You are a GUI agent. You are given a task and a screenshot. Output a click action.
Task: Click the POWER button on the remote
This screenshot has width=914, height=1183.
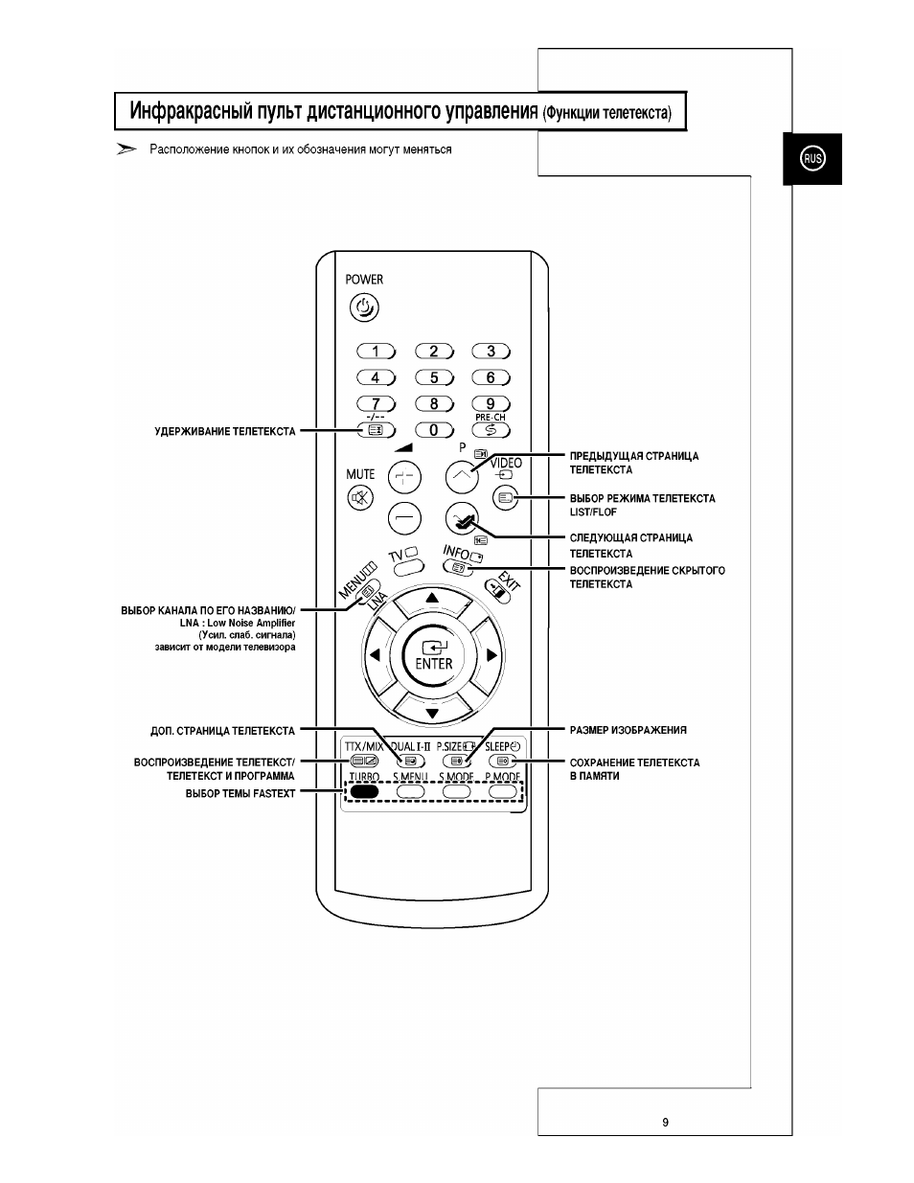364,308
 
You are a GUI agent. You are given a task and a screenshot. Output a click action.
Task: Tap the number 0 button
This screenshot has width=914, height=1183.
434,430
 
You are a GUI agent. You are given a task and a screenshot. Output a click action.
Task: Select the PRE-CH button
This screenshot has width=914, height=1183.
491,430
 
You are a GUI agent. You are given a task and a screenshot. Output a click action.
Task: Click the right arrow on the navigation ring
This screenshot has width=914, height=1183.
491,655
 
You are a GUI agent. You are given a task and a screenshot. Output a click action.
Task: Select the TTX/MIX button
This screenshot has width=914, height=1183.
364,761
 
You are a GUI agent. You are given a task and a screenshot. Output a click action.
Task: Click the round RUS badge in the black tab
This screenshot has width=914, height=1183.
812,159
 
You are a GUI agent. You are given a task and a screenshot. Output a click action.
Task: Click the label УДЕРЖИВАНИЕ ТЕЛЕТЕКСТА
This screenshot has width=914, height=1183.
225,432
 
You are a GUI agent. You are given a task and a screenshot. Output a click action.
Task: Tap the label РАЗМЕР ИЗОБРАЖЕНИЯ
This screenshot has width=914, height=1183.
628,730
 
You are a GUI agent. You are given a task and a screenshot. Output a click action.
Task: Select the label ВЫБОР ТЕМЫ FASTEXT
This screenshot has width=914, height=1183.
240,793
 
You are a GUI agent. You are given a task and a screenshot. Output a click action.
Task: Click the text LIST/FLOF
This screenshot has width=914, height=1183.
593,512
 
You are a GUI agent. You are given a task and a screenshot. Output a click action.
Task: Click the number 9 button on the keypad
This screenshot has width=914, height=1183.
491,404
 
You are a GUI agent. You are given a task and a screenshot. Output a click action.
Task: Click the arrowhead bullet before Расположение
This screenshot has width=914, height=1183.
126,149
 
